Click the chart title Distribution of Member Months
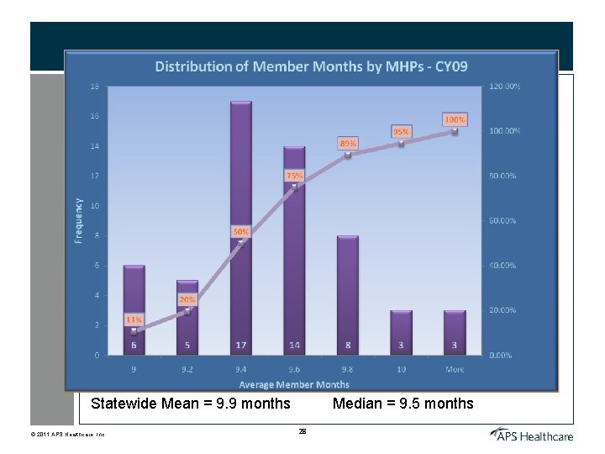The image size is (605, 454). coord(311,66)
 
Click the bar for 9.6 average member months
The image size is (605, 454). coord(294,252)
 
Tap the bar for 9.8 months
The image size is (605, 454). coord(348,294)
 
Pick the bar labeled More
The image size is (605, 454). coord(455,332)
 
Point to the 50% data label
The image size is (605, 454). coord(240,230)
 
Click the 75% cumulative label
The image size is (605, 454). coord(294,176)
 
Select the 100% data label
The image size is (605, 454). coord(455,120)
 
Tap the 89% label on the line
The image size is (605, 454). coord(348,143)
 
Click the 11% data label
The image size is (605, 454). coord(134,319)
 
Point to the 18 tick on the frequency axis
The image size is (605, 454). coord(94,87)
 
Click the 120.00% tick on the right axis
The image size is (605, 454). coord(504,87)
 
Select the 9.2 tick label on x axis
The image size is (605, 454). coord(187,369)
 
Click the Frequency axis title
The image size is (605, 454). coord(79,220)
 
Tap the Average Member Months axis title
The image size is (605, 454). coord(294,384)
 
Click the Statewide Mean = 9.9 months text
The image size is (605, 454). coord(190,404)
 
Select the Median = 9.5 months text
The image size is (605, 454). coord(402,404)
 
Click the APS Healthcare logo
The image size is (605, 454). coord(532,434)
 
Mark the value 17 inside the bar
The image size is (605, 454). coord(241,345)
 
